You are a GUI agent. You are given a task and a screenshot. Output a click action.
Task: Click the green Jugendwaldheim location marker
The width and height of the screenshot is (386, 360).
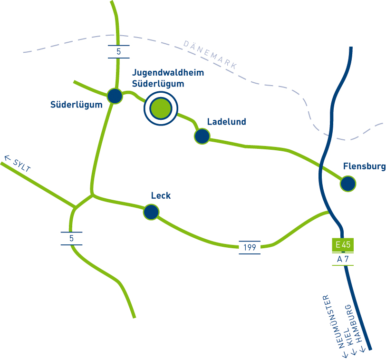point(161,108)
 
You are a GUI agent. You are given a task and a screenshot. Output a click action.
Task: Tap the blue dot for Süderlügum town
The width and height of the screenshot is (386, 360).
point(115,96)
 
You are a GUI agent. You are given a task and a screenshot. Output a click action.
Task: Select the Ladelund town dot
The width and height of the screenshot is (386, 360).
point(202,136)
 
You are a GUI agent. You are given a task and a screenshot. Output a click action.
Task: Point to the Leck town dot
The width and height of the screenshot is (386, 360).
point(151,212)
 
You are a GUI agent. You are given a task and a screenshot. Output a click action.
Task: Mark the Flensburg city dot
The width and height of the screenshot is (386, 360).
point(348,184)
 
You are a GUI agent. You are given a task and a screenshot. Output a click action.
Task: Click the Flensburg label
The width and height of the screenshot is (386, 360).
point(364,166)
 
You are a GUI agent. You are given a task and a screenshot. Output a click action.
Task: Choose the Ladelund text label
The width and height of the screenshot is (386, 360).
point(226,122)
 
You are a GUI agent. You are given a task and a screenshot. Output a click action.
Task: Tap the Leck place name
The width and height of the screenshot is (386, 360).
point(161,195)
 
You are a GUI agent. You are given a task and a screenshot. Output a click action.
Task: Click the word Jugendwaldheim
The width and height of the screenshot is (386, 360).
point(168,73)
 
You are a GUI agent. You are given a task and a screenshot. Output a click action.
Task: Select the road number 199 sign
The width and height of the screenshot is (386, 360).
point(250,247)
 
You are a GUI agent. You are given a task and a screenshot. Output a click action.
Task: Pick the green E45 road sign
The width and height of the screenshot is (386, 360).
point(343,245)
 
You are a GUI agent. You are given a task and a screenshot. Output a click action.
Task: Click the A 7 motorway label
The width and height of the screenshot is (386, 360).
point(343,259)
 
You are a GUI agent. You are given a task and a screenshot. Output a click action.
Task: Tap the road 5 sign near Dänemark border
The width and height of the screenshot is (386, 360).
point(119,52)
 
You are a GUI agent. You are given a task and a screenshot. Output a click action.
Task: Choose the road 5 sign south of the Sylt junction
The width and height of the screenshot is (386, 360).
point(71,238)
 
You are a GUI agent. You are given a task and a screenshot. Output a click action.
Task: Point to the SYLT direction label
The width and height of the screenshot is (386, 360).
point(22,165)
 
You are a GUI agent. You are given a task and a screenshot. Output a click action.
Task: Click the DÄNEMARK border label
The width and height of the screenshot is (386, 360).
point(211,55)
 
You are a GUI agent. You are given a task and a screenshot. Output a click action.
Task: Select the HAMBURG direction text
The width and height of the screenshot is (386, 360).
point(355,323)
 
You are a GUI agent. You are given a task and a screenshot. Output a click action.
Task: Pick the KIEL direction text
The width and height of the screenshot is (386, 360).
point(349,337)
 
